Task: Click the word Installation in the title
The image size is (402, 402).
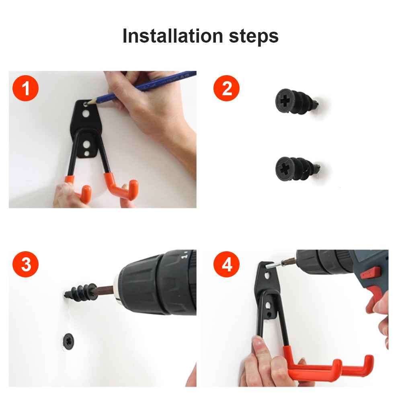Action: [x=172, y=36]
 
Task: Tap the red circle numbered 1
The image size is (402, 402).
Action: [x=25, y=88]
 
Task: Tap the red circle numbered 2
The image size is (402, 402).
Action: [x=226, y=88]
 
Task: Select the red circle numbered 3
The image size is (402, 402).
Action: [x=25, y=264]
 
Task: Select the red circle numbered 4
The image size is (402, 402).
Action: [x=226, y=264]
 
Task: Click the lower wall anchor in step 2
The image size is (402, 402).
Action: [x=297, y=169]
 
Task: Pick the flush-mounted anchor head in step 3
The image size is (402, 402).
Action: [x=68, y=341]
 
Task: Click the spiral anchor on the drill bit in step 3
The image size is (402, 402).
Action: [x=81, y=292]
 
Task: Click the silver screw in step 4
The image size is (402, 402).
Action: [x=274, y=265]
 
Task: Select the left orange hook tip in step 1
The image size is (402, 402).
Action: [x=86, y=194]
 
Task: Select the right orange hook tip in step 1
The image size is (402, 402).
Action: [x=133, y=189]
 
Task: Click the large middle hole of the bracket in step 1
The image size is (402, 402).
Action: [x=86, y=113]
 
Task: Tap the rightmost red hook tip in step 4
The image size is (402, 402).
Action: [x=368, y=365]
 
